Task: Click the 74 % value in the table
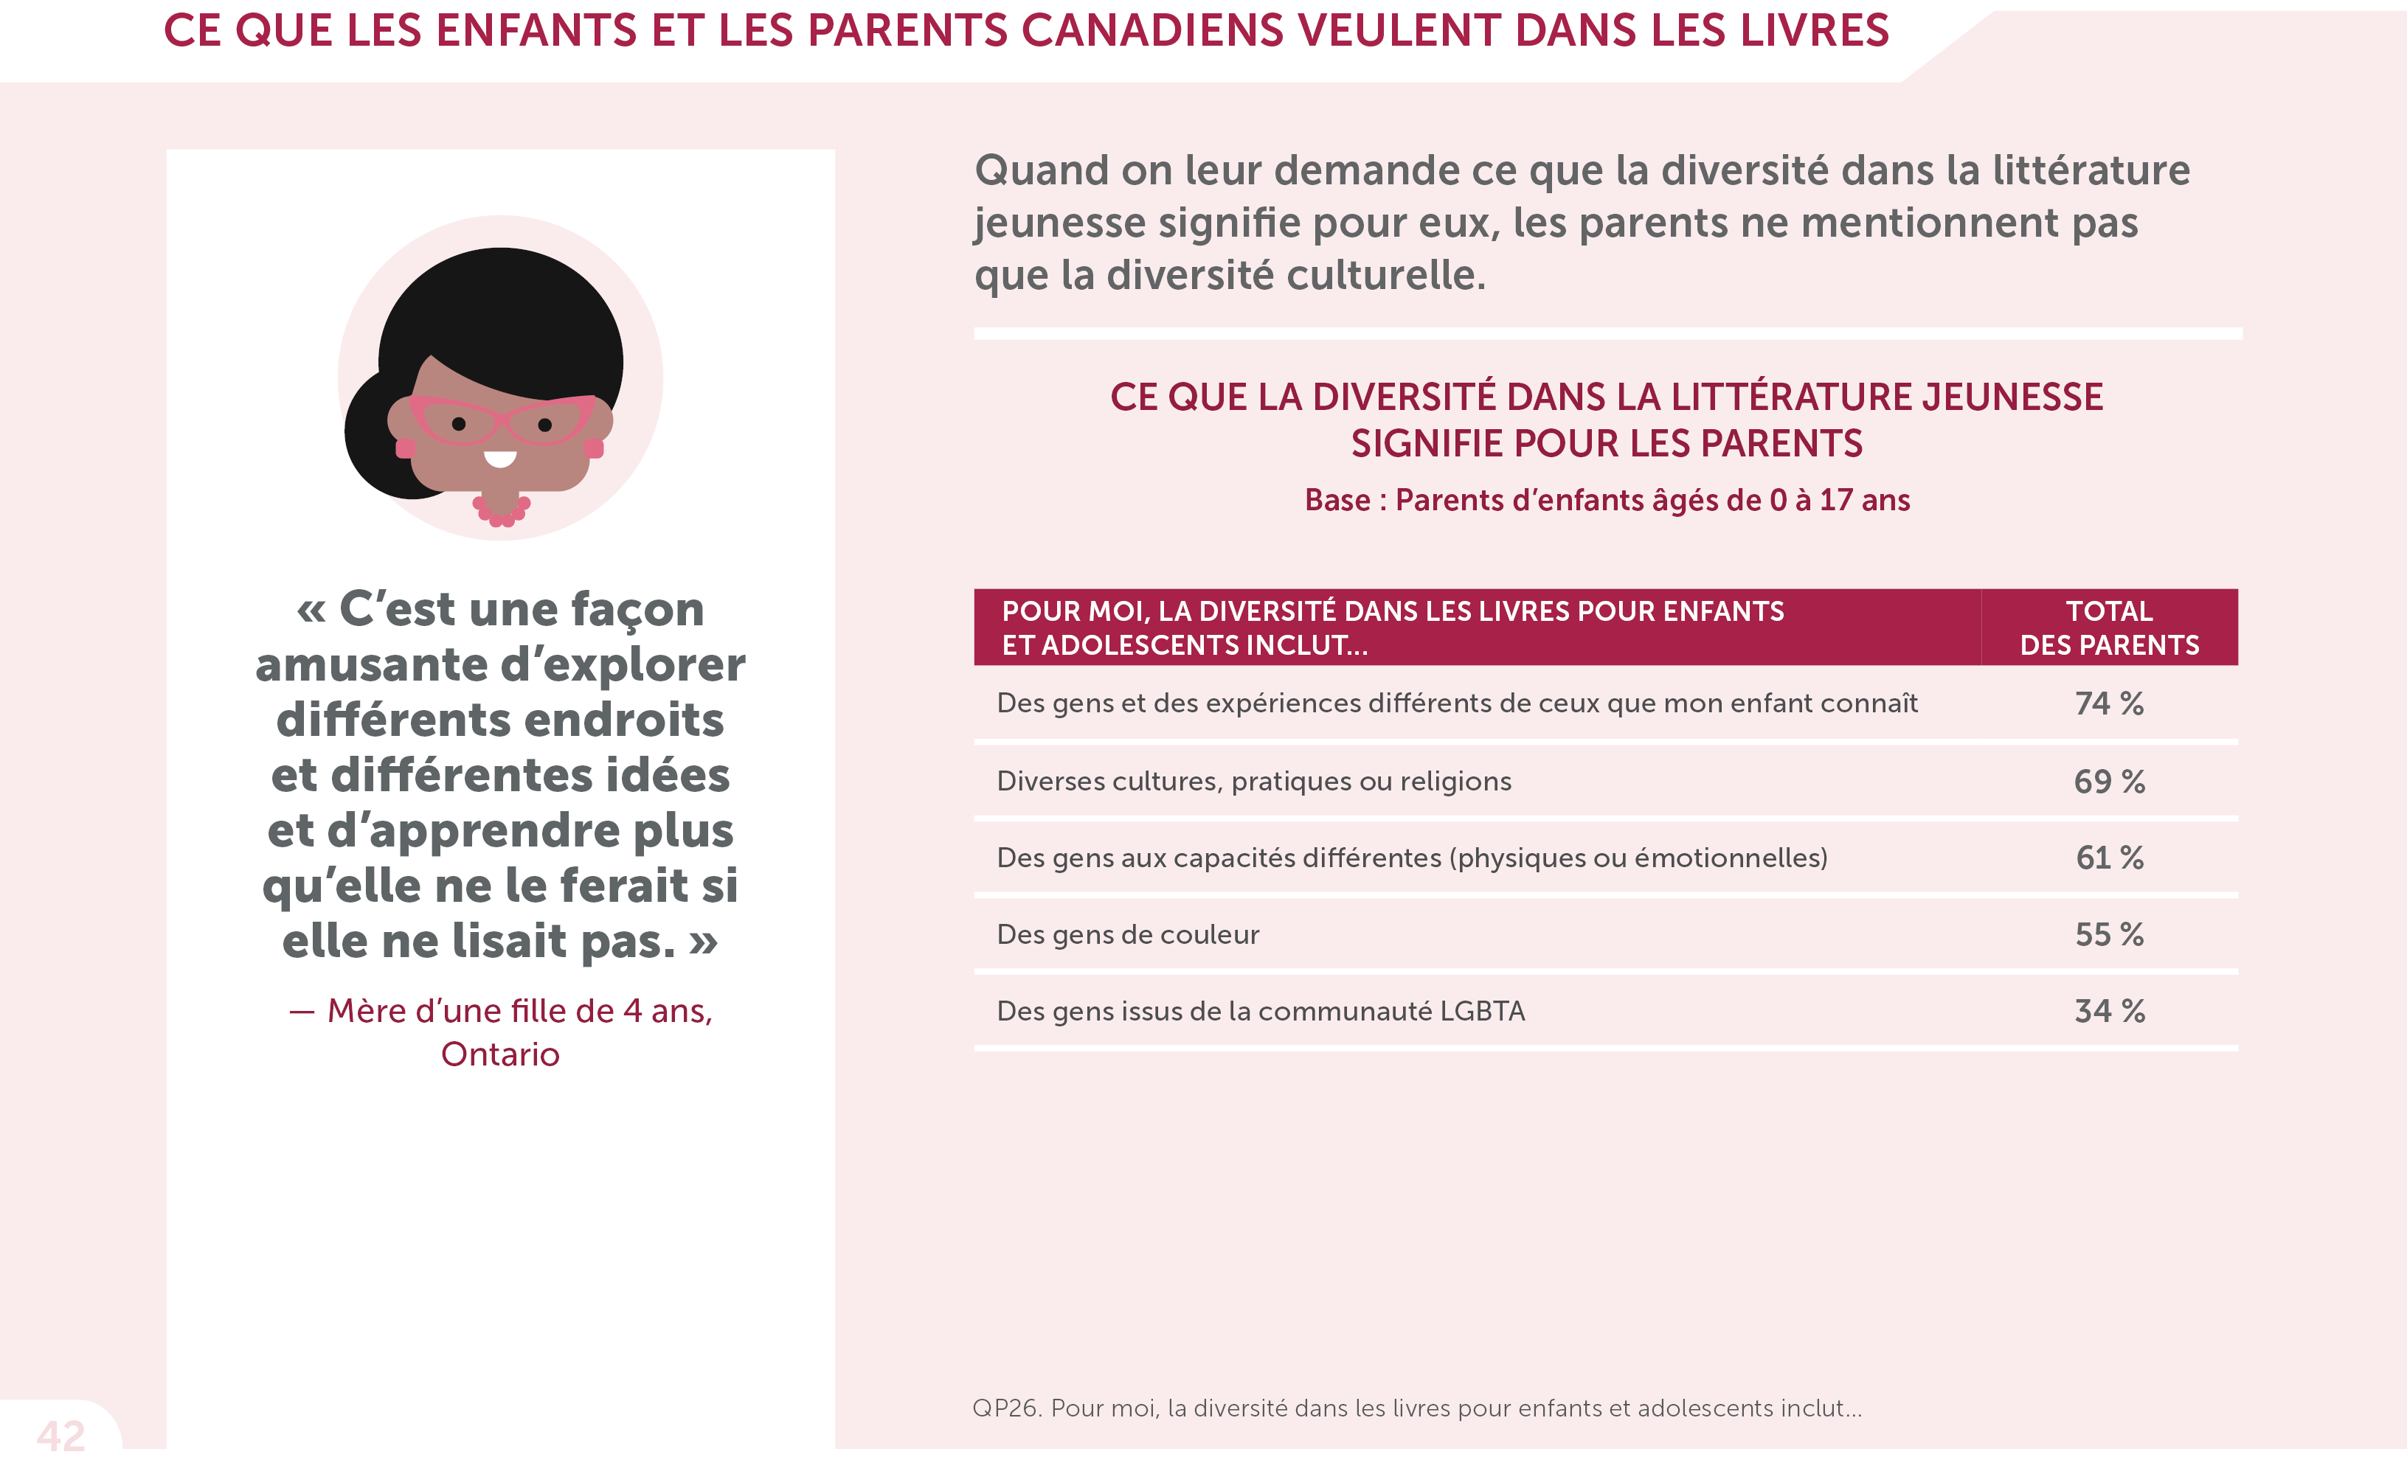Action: (2109, 703)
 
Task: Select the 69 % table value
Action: (2109, 782)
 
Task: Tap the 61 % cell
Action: (2109, 858)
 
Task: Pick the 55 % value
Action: (2109, 934)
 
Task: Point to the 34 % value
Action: (2109, 1011)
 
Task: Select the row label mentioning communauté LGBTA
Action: (1260, 1011)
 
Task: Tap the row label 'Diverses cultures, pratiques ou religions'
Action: (1253, 782)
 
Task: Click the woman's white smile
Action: (500, 459)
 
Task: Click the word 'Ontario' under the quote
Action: (500, 1054)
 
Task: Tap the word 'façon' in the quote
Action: (637, 609)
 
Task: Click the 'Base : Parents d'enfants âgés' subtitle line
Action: (1607, 500)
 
